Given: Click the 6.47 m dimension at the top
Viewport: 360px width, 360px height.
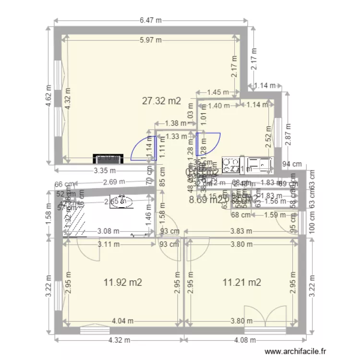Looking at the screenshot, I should [x=151, y=20].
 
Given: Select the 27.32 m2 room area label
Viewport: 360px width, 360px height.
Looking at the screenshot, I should [x=161, y=101].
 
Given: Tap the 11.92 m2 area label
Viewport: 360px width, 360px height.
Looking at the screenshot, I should [x=123, y=282].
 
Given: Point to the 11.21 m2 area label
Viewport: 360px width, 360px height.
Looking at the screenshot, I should [x=241, y=282].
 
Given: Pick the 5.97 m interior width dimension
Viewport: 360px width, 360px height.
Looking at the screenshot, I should [x=151, y=40].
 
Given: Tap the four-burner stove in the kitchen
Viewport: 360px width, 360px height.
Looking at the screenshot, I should [x=230, y=164].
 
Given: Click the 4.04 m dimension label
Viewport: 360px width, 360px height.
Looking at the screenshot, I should [x=123, y=321].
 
